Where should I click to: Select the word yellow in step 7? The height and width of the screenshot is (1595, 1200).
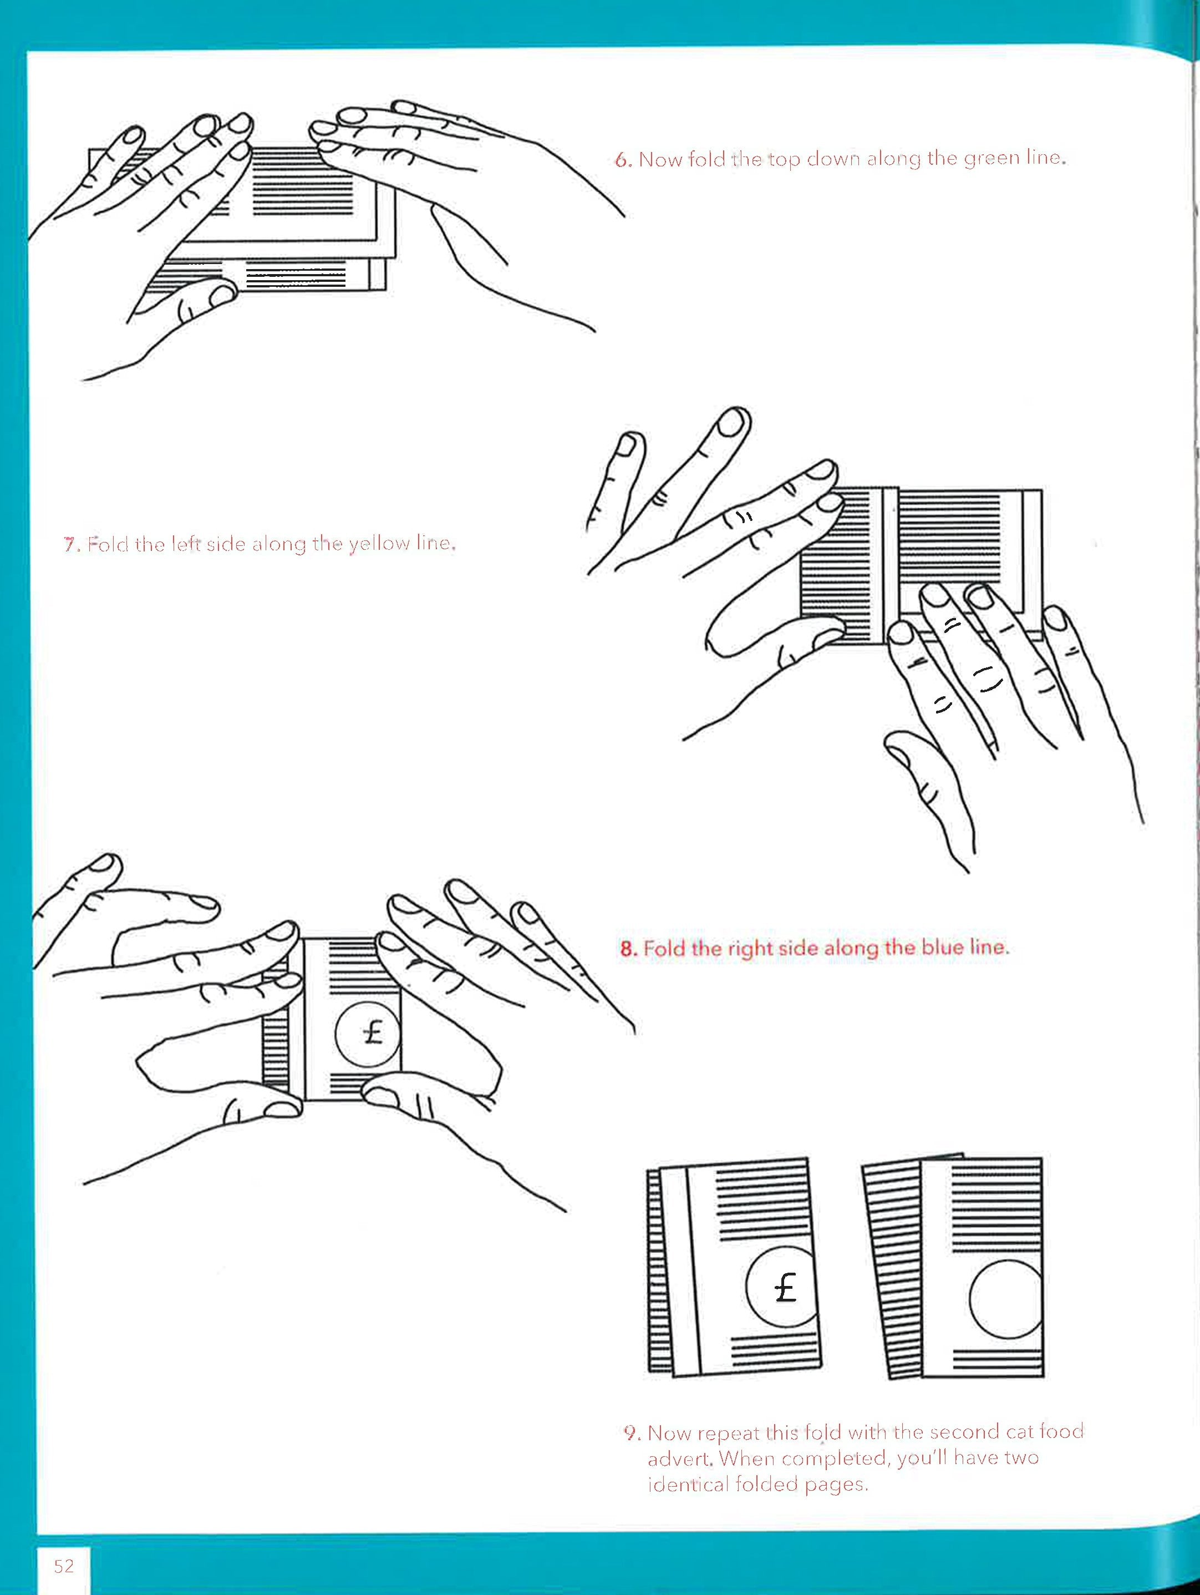pos(379,544)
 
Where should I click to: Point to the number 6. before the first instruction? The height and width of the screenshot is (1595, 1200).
pos(623,159)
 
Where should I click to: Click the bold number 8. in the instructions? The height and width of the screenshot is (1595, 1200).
pos(628,948)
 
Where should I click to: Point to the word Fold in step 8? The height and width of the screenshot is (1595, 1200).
pos(664,948)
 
